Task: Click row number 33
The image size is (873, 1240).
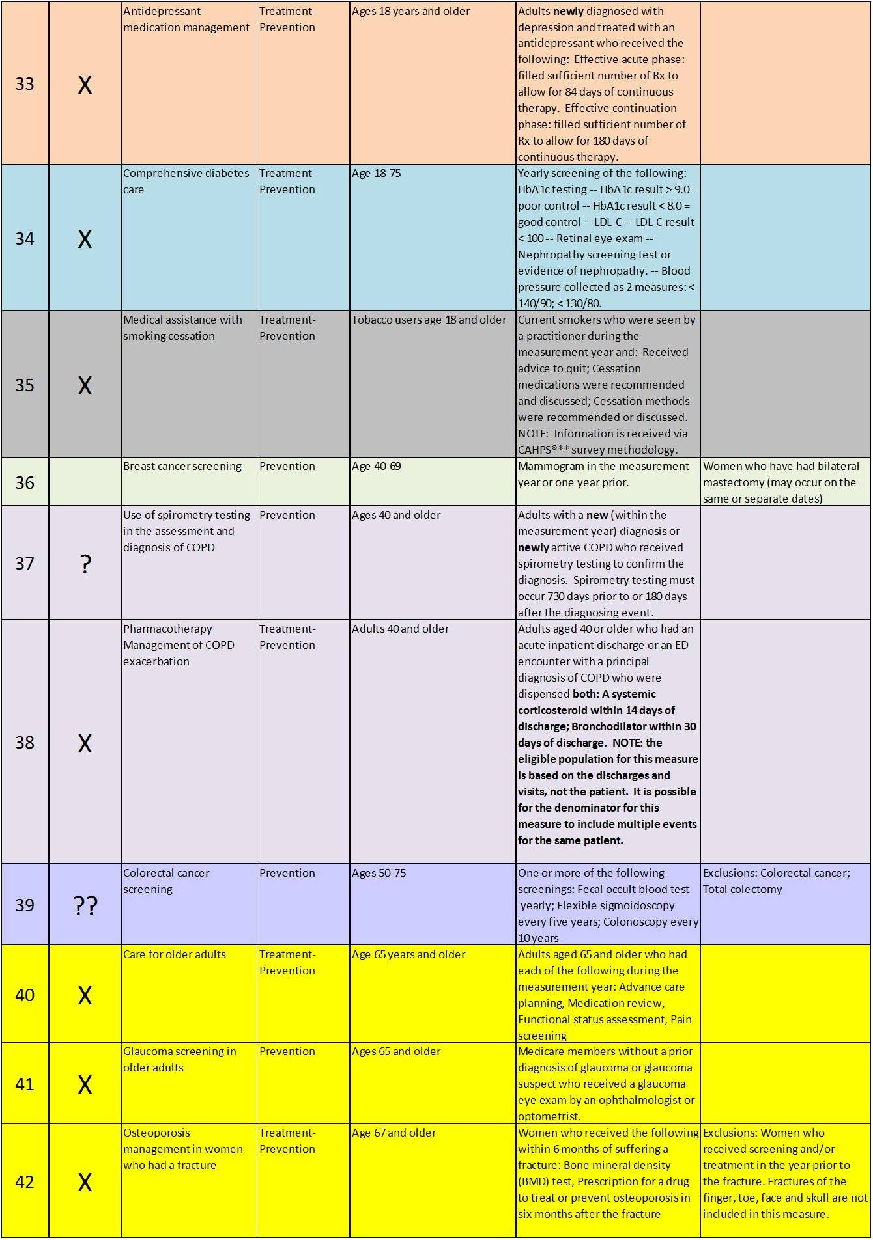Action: pyautogui.click(x=25, y=84)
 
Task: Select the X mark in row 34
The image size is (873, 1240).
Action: pyautogui.click(x=85, y=239)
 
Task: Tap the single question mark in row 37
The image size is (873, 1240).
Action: pyautogui.click(x=85, y=564)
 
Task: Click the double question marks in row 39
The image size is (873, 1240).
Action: pyautogui.click(x=85, y=905)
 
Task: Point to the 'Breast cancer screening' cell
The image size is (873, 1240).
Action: pyautogui.click(x=182, y=466)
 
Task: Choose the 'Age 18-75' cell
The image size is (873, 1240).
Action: pyautogui.click(x=377, y=173)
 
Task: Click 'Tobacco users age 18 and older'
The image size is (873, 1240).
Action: pyautogui.click(x=429, y=320)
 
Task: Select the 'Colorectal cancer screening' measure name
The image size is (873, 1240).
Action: pyautogui.click(x=166, y=881)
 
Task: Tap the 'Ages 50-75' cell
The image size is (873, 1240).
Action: pyautogui.click(x=379, y=873)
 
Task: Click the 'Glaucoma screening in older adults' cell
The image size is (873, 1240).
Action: pyautogui.click(x=179, y=1059)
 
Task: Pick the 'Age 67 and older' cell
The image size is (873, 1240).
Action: pyautogui.click(x=394, y=1133)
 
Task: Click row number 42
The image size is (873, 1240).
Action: pyautogui.click(x=25, y=1181)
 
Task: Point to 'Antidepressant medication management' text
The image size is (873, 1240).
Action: pyautogui.click(x=186, y=19)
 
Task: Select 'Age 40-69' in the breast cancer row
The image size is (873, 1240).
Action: pyautogui.click(x=377, y=466)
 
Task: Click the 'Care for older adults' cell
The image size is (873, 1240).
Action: pyautogui.click(x=175, y=954)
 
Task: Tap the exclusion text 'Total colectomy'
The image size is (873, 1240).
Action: pyautogui.click(x=742, y=889)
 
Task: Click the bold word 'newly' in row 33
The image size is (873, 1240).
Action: pyautogui.click(x=569, y=11)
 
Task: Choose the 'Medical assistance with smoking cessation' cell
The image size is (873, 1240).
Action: pyautogui.click(x=182, y=327)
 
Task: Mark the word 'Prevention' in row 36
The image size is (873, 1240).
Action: pyautogui.click(x=287, y=466)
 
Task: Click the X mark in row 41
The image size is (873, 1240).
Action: pyautogui.click(x=85, y=1084)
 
